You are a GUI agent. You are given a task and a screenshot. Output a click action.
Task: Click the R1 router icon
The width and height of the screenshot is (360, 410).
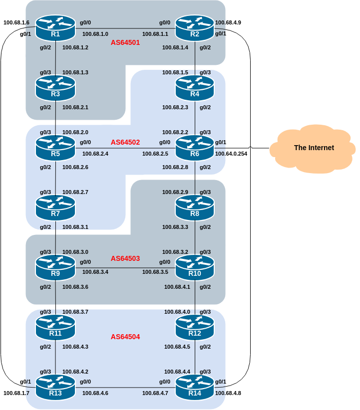point(55,28)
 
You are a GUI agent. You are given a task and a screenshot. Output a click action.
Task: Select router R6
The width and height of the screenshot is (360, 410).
point(195,148)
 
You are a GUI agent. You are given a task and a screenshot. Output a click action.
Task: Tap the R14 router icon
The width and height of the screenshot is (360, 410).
point(195,388)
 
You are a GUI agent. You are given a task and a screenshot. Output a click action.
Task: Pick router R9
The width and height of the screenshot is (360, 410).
point(55,268)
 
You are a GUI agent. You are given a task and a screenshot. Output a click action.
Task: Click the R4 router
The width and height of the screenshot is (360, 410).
point(195,88)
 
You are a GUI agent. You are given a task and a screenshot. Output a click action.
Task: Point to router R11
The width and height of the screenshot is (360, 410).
point(55,328)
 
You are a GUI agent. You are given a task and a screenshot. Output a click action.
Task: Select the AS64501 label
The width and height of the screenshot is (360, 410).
point(125,43)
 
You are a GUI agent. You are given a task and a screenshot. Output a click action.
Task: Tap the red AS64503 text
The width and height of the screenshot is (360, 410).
point(125,259)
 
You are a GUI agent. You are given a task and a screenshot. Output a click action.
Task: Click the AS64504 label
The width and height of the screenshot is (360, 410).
point(125,337)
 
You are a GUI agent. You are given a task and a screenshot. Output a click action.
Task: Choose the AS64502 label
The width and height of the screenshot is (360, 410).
point(125,142)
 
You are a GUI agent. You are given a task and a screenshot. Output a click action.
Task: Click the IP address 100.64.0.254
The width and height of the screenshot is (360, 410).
point(231,154)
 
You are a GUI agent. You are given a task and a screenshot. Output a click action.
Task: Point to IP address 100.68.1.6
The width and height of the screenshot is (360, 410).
point(16,22)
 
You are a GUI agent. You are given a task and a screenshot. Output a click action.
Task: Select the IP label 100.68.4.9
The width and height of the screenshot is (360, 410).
point(228,22)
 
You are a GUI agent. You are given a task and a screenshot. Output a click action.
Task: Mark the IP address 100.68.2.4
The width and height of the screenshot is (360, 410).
point(95,154)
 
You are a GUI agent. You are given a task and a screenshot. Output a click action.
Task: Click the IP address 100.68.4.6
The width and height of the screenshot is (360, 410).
point(95,394)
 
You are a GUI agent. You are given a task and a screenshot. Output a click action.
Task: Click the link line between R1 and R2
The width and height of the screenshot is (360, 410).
point(125,28)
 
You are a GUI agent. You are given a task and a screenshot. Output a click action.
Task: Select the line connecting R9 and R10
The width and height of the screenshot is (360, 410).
point(125,268)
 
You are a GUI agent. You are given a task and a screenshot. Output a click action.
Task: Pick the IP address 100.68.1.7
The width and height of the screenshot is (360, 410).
point(16,394)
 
